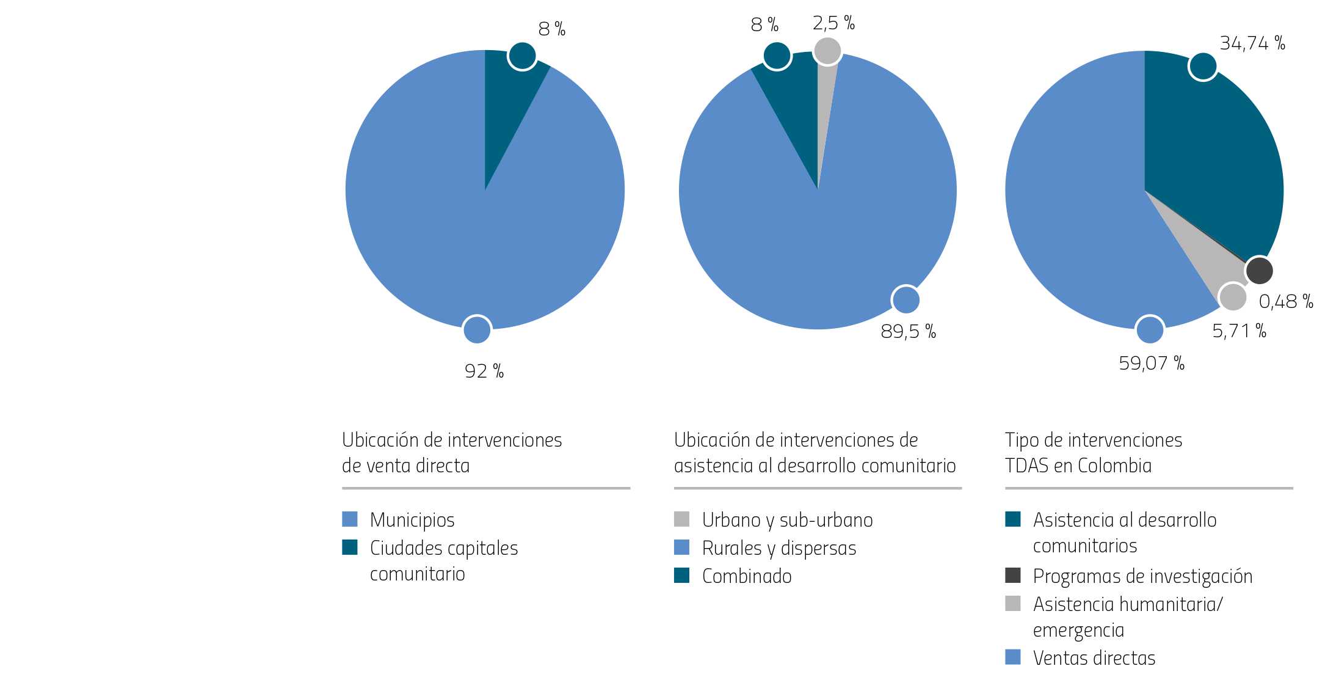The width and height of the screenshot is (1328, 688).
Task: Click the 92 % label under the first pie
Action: point(484,371)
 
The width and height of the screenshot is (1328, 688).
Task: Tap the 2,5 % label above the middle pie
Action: point(833,23)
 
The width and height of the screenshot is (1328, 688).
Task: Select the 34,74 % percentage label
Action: point(1252,43)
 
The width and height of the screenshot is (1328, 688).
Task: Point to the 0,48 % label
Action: point(1286,301)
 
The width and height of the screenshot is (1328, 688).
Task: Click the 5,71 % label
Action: point(1239,331)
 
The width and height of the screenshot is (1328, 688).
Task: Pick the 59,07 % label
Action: point(1152,364)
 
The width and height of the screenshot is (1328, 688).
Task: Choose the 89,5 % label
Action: point(908,332)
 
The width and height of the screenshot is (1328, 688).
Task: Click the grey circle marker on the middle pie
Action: point(828,51)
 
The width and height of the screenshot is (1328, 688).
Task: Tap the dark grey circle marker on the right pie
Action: point(1259,271)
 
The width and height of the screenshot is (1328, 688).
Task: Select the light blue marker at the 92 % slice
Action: point(477,330)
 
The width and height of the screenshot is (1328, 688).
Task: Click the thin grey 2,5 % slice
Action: point(824,110)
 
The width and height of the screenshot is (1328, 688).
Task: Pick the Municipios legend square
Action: point(350,519)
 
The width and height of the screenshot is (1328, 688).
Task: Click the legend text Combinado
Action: point(747,576)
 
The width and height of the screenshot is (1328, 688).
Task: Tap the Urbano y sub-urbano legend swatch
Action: point(682,519)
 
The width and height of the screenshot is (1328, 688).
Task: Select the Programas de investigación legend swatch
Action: point(1013,575)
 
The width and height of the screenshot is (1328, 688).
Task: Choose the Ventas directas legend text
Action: point(1094,658)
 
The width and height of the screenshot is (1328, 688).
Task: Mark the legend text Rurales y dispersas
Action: point(779,548)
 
